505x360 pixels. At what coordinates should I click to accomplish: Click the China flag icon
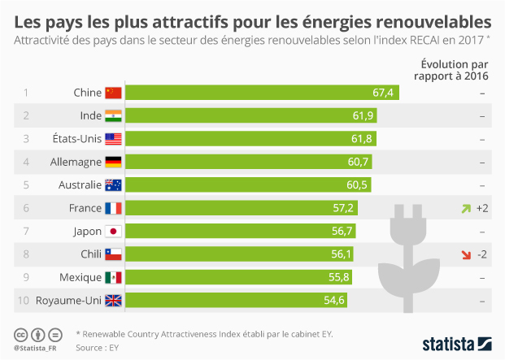pyautogui.click(x=113, y=93)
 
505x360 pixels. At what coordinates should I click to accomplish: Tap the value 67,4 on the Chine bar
pyautogui.click(x=383, y=93)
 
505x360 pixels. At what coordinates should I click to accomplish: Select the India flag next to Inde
pyautogui.click(x=113, y=115)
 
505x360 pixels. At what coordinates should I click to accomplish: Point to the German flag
pyautogui.click(x=113, y=162)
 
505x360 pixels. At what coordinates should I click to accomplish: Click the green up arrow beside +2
pyautogui.click(x=465, y=209)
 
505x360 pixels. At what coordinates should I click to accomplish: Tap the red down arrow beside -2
pyautogui.click(x=465, y=255)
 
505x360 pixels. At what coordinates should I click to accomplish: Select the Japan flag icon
pyautogui.click(x=113, y=232)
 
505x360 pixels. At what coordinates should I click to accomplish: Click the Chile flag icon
pyautogui.click(x=113, y=254)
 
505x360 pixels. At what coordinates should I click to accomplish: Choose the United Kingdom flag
pyautogui.click(x=113, y=301)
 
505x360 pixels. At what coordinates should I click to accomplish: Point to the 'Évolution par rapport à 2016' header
pyautogui.click(x=454, y=71)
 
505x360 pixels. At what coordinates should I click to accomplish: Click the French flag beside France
pyautogui.click(x=113, y=208)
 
